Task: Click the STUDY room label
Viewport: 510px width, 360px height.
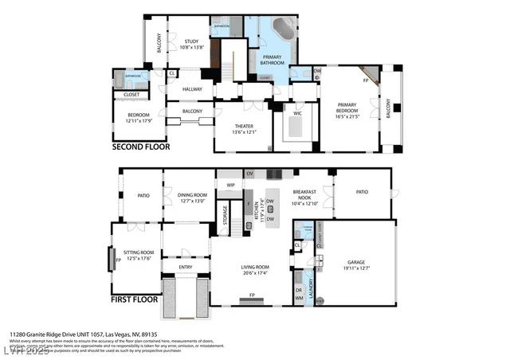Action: [191, 41]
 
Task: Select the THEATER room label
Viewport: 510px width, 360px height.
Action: [243, 127]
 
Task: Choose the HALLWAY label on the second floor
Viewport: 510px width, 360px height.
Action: [192, 89]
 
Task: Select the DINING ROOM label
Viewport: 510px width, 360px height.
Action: [191, 194]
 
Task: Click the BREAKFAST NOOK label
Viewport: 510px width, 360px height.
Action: [306, 196]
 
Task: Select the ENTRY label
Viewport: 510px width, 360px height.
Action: [185, 268]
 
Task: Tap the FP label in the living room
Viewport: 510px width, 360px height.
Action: [252, 295]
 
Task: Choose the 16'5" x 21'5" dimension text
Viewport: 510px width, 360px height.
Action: [347, 116]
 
